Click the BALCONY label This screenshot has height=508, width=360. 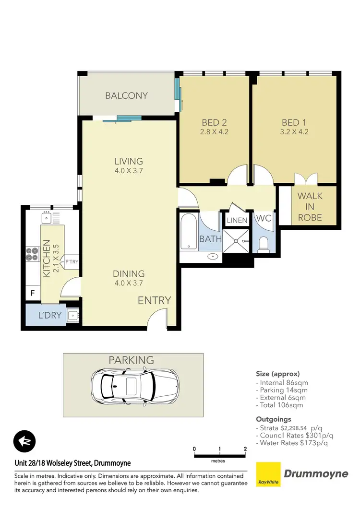[x=126, y=95]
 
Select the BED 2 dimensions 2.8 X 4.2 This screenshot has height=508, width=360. [x=214, y=132]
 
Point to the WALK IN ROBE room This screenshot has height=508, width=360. [x=310, y=206]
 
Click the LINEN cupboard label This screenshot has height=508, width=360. [x=237, y=221]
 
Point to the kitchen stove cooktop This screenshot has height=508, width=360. [x=32, y=253]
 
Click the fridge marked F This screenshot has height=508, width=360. [x=33, y=292]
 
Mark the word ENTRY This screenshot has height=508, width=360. [x=154, y=301]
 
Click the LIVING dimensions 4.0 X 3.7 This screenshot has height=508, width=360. [x=129, y=170]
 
